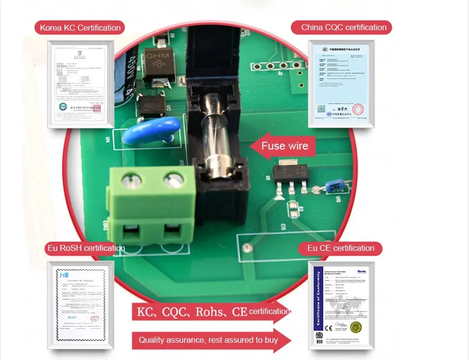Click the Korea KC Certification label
pyautogui.click(x=80, y=28)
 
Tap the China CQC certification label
pyautogui.click(x=344, y=27)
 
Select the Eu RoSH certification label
pyautogui.click(x=85, y=248)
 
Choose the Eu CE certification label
pyautogui.click(x=341, y=248)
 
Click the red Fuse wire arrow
pyautogui.click(x=281, y=146)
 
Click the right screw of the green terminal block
pyautogui.click(x=173, y=179)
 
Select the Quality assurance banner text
pyautogui.click(x=208, y=340)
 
